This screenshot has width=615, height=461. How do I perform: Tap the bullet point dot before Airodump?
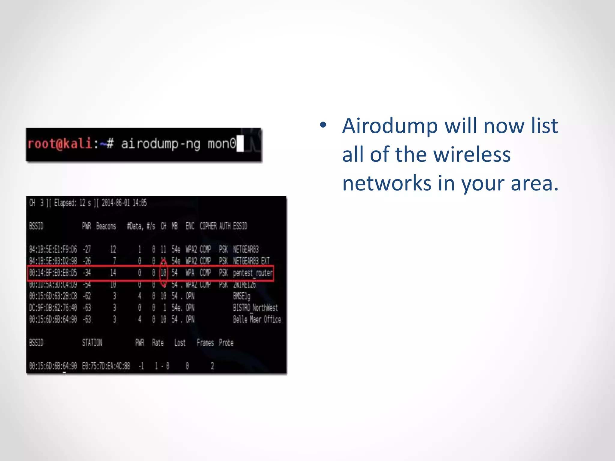[323, 125]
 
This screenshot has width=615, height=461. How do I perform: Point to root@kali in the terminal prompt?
[59, 143]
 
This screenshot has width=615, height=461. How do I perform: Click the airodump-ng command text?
[160, 144]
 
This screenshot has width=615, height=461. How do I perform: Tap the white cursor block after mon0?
[240, 144]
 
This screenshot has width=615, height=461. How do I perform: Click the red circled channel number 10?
[163, 273]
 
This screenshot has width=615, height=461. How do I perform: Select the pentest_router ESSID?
[253, 273]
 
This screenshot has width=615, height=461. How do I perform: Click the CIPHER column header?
[208, 226]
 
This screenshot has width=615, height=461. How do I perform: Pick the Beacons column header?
[106, 226]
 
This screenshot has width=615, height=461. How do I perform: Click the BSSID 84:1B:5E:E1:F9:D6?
[53, 249]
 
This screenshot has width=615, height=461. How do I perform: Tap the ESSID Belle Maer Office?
[257, 319]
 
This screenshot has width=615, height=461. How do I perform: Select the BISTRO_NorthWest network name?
[255, 308]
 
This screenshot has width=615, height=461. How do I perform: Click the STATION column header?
[92, 343]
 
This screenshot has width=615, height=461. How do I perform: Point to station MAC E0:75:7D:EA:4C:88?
[106, 366]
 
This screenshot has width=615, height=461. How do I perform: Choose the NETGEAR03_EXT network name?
[251, 261]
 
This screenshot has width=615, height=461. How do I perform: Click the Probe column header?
[226, 343]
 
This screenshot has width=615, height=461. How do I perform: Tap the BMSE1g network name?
[242, 296]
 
